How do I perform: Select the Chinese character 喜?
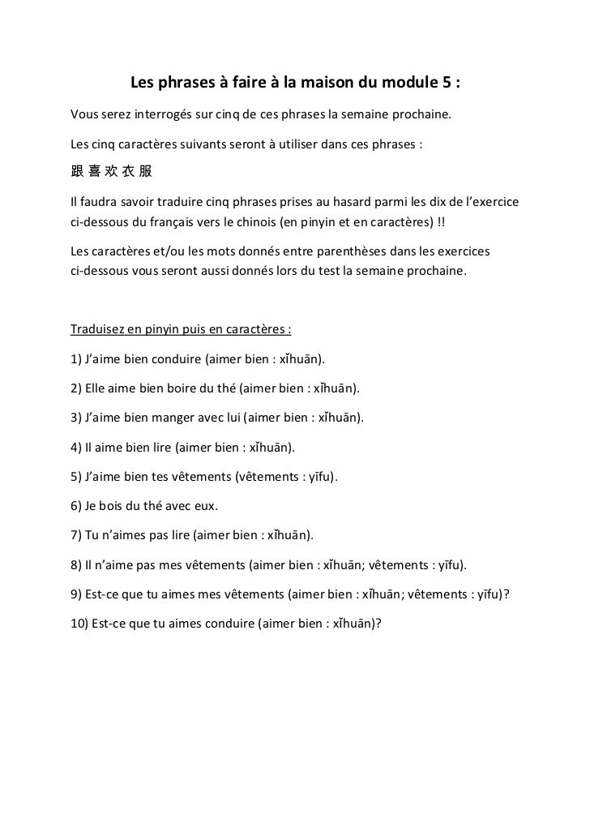point(95,172)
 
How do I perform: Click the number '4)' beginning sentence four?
point(78,447)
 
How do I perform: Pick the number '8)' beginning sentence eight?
point(78,565)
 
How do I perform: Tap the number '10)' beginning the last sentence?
point(81,624)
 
